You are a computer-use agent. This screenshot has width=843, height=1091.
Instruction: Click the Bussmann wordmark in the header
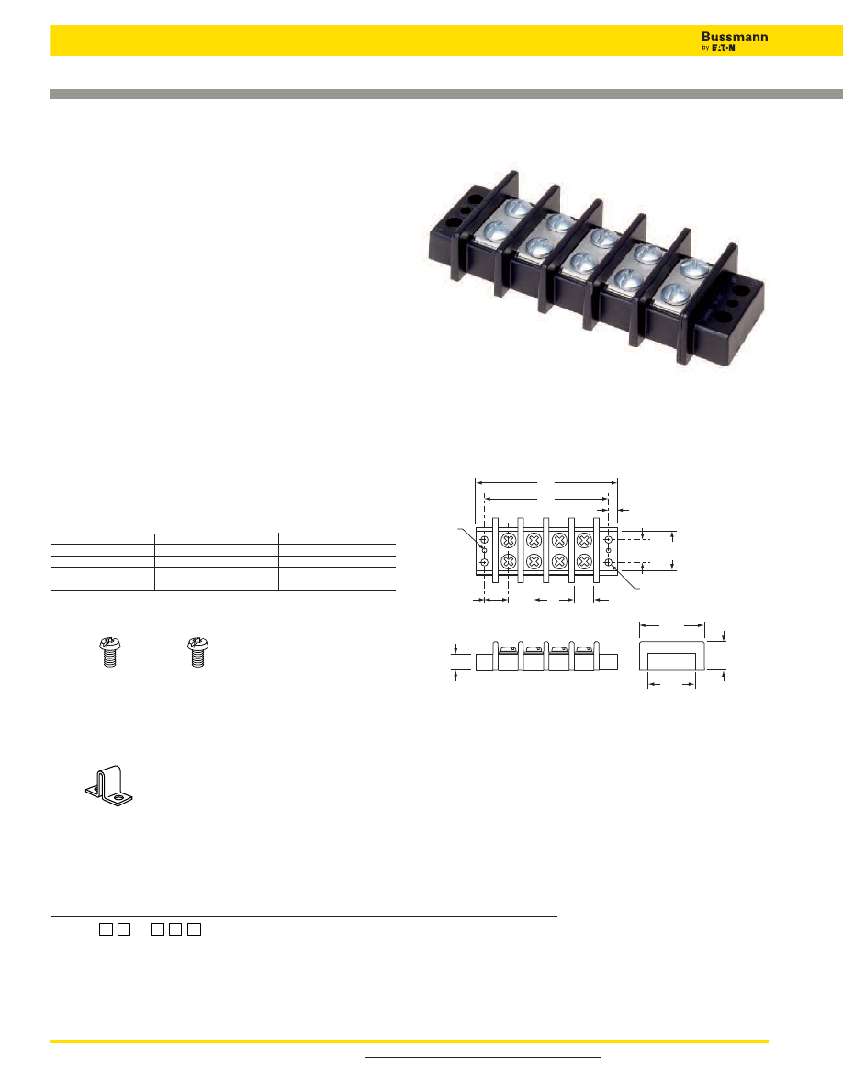[735, 37]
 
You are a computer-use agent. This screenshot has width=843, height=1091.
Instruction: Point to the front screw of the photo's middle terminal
[581, 261]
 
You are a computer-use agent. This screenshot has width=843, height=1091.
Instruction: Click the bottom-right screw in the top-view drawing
[582, 560]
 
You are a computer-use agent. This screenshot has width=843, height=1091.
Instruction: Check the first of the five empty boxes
[106, 929]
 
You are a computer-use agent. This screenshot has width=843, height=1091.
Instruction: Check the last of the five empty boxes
[194, 929]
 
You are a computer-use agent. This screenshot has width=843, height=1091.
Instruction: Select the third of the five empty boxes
[159, 929]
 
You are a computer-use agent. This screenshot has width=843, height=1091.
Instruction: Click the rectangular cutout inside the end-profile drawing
[672, 663]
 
